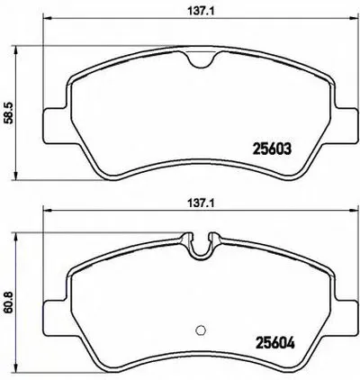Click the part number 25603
tap(273, 149)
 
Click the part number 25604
tap(274, 343)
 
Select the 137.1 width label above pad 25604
tap(202, 204)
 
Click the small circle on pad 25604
tap(200, 330)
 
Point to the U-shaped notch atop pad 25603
tap(202, 60)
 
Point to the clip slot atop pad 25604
tap(202, 246)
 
